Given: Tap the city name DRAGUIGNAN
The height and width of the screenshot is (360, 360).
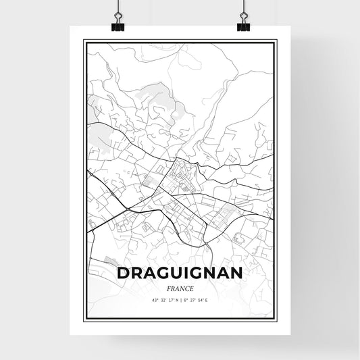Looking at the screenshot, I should click(180, 273).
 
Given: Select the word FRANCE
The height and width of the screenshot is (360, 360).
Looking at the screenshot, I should click(180, 287).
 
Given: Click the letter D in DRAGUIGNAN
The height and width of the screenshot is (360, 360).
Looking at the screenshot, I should click(123, 273).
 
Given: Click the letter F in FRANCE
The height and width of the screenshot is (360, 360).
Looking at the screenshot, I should click(169, 287).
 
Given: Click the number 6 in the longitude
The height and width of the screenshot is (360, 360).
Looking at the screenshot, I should click(184, 300).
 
